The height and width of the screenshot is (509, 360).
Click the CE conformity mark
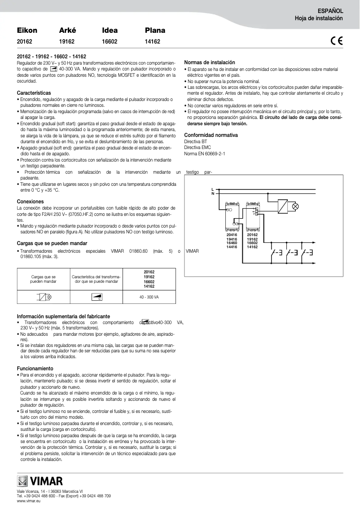[x=337, y=41]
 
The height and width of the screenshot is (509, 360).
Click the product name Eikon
[x=27, y=31]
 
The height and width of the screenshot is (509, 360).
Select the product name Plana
[x=155, y=31]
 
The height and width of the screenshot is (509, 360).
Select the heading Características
[x=34, y=92]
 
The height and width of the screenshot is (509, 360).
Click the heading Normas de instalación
[x=210, y=62]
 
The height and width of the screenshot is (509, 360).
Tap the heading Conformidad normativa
[x=211, y=135]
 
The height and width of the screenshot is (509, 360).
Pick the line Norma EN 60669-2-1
[x=205, y=153]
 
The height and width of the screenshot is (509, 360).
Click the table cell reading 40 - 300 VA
[x=149, y=297]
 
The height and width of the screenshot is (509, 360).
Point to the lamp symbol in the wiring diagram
[x=295, y=206]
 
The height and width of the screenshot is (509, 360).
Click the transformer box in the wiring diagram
[x=282, y=206]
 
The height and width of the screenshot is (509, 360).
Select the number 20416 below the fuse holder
[x=232, y=234]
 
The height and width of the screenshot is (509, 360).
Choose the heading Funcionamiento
[x=35, y=368]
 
